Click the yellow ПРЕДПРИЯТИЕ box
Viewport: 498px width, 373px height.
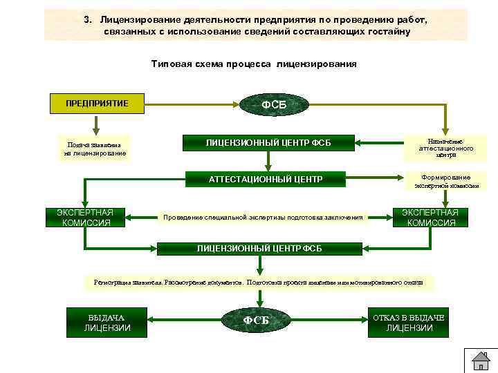97,104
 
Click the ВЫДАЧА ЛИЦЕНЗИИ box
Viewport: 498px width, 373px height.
107,322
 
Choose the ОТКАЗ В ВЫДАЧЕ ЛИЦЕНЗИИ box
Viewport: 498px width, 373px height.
409,322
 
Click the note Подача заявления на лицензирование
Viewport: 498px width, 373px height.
94,149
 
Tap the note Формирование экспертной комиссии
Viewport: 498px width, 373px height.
446,181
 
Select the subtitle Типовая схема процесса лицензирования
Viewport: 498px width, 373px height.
254,64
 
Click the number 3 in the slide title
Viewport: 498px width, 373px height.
87,20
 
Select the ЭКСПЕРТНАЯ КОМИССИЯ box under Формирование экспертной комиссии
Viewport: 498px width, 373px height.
431,217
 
